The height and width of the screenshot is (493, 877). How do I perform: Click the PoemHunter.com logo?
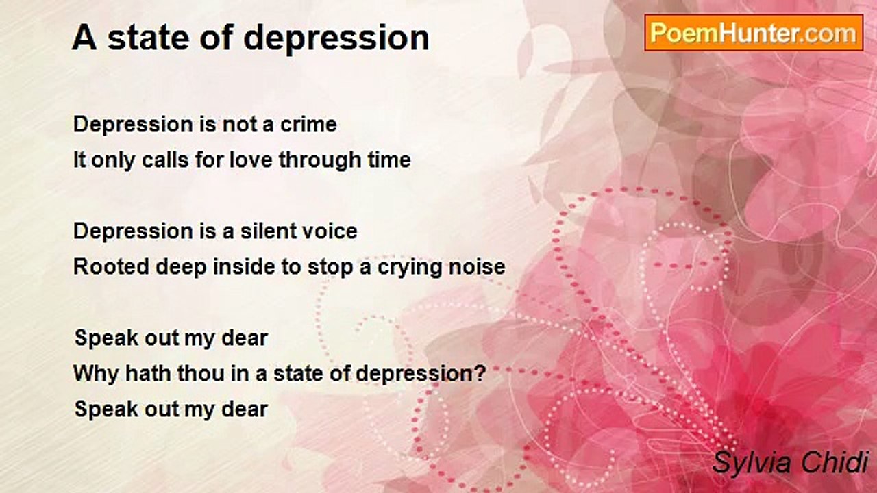[754, 32]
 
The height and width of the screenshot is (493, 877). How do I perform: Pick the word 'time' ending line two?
[387, 160]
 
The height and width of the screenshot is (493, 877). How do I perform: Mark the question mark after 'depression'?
[480, 374]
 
